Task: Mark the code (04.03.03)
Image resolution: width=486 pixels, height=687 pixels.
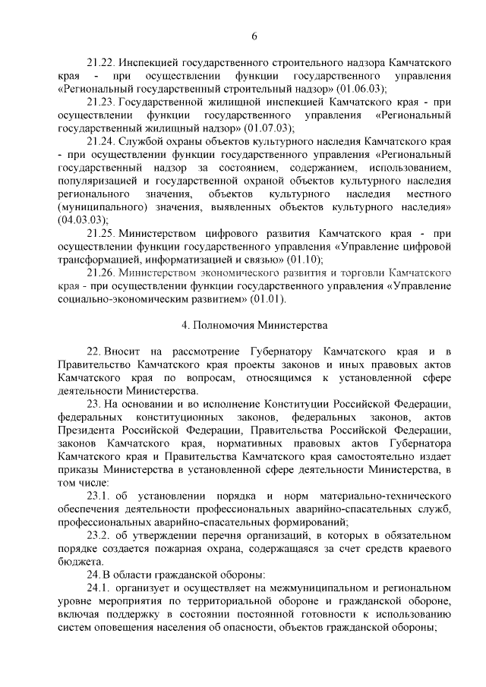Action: pos(80,219)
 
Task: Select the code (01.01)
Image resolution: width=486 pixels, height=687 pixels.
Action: pos(269,299)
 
